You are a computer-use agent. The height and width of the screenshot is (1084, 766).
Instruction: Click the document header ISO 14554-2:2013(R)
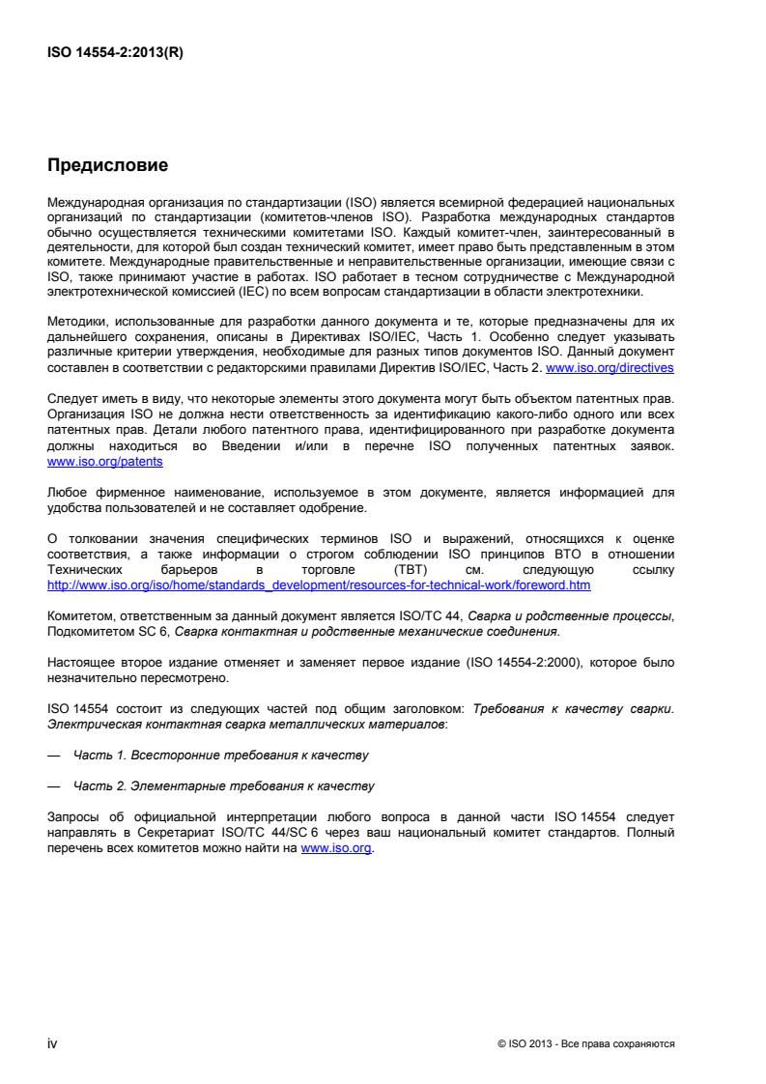pos(115,53)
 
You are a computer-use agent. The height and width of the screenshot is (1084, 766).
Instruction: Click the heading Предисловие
pos(107,166)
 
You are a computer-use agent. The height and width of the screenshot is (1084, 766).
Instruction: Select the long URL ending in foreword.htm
pos(319,585)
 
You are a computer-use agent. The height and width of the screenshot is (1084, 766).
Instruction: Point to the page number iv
pos(53,1043)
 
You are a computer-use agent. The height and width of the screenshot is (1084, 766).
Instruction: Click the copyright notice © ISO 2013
pos(584,1044)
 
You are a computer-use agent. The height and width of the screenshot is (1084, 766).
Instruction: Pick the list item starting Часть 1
pos(221,753)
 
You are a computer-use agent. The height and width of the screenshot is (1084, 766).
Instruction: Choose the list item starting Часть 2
pos(223,785)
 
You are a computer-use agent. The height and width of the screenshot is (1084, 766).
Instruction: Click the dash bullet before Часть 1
pos(53,753)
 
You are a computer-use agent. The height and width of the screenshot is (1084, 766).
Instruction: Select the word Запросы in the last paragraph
pos(73,820)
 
